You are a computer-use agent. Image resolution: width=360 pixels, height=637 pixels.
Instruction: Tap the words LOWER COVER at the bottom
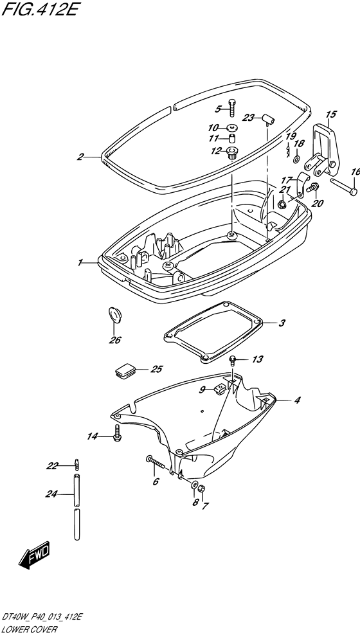30,630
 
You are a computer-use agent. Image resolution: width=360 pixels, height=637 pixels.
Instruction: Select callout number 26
114,339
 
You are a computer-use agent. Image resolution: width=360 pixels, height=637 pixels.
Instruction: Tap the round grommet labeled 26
115,316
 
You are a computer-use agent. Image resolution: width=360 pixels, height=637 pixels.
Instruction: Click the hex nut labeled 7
203,489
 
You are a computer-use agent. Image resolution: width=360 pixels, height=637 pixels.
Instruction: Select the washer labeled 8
195,485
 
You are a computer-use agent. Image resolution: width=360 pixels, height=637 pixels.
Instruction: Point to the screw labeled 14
118,433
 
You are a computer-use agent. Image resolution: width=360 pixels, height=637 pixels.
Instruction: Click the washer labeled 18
297,156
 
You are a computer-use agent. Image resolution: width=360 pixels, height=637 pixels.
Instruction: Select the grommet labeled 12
233,153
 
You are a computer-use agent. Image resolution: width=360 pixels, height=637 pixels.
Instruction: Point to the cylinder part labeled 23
268,119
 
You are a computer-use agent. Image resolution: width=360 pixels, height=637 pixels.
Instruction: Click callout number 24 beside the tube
51,494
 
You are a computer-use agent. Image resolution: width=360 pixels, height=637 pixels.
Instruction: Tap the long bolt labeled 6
157,462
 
